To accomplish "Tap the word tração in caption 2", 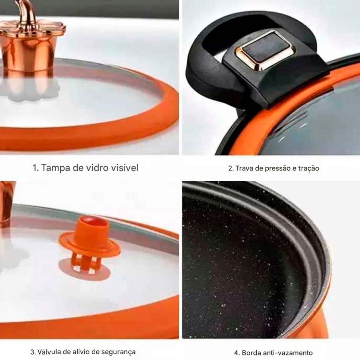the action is tap(309, 168).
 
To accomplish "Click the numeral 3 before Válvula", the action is tap(33, 352).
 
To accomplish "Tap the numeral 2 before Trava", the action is tap(231, 168).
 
